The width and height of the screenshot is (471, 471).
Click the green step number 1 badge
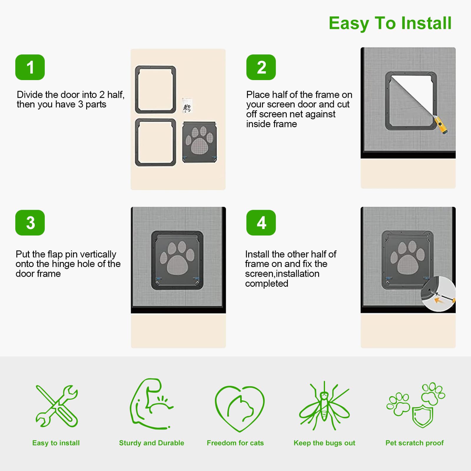tap(30, 67)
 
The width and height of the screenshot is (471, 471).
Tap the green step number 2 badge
tap(261, 67)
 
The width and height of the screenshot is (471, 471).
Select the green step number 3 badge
tap(30, 223)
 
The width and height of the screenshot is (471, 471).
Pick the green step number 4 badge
tap(261, 223)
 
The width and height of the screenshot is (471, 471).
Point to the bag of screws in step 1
tap(187, 105)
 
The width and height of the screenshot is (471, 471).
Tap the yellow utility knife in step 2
tap(440, 126)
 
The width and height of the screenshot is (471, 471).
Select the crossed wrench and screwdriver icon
tap(57, 407)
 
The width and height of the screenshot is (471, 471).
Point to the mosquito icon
tap(324, 406)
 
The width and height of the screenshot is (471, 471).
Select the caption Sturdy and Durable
tap(152, 443)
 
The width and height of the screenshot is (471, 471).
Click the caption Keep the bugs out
tap(324, 443)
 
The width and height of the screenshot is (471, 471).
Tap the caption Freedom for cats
tap(235, 443)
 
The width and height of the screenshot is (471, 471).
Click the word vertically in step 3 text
tap(98, 254)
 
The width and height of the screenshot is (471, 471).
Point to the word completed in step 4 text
tap(267, 283)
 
